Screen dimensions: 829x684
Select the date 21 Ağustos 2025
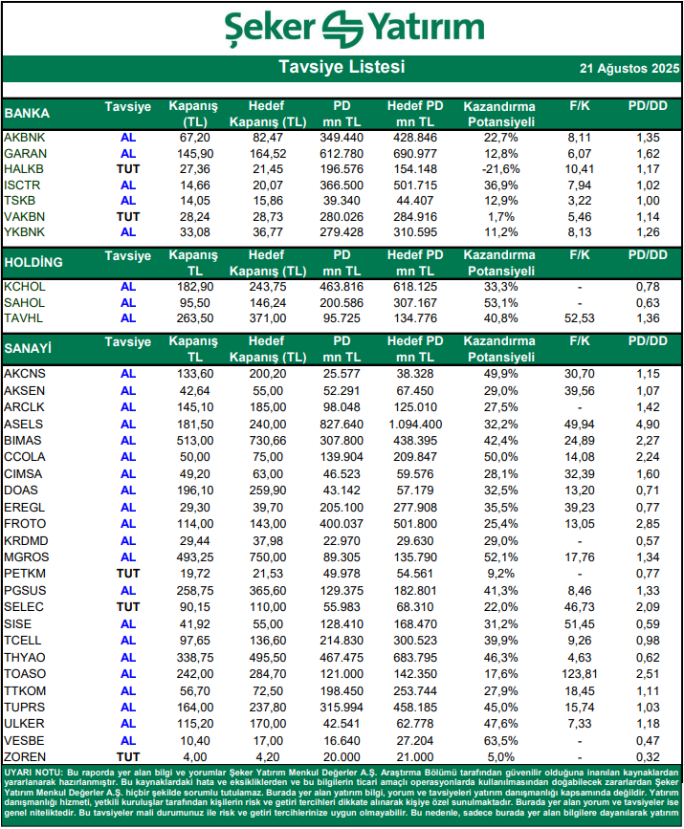coord(629,69)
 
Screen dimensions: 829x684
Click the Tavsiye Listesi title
coord(342,68)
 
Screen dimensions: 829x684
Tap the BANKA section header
coord(28,113)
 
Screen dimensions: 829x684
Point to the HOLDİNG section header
coord(33,262)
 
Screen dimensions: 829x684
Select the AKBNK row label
coord(25,138)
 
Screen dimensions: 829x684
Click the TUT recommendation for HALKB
coord(128,169)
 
